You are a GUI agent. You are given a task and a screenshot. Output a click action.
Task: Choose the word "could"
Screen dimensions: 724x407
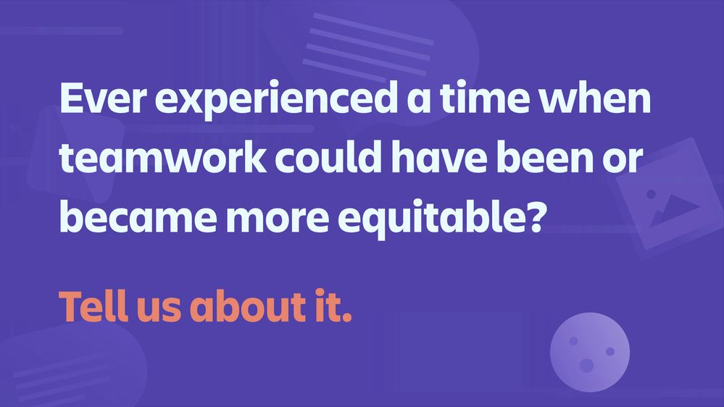(328, 157)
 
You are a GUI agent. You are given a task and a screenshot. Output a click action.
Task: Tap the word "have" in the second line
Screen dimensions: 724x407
(439, 157)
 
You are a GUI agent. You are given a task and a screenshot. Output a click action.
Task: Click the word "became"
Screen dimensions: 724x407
(138, 216)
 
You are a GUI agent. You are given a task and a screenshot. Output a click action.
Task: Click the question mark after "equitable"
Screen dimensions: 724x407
(532, 216)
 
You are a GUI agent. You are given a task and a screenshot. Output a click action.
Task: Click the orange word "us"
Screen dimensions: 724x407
(159, 309)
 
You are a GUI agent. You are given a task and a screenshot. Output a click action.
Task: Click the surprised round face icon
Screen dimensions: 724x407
(590, 352)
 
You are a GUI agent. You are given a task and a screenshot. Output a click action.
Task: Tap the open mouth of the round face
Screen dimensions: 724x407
(586, 366)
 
